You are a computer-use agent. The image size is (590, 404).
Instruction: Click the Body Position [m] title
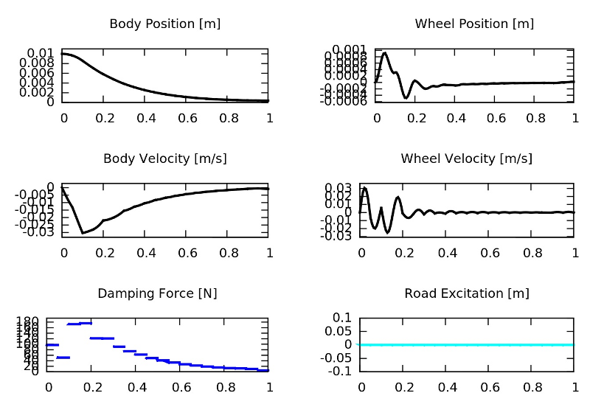tap(164, 24)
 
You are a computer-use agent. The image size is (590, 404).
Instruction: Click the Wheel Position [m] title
tap(474, 24)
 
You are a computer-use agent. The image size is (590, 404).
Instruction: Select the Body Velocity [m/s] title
tap(164, 159)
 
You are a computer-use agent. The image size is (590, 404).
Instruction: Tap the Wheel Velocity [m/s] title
tap(466, 159)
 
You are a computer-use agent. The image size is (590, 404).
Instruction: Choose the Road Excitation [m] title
tap(466, 293)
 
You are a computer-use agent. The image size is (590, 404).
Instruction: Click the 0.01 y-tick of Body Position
tap(41, 53)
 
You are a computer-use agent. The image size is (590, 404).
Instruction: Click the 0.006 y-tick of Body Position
tap(38, 73)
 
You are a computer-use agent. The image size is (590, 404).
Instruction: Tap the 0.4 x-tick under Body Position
tap(146, 118)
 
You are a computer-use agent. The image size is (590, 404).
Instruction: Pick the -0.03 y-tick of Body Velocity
tap(38, 233)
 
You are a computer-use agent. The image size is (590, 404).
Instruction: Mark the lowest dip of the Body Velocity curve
tap(83, 233)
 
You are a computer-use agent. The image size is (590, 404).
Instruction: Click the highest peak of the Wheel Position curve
tap(385, 52)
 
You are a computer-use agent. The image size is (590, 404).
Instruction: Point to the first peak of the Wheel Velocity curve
tap(365, 188)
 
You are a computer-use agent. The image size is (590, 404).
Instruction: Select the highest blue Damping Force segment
tap(80, 323)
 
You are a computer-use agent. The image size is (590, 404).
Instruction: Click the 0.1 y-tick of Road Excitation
tap(343, 317)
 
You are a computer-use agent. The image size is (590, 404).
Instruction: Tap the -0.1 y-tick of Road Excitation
tap(341, 371)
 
